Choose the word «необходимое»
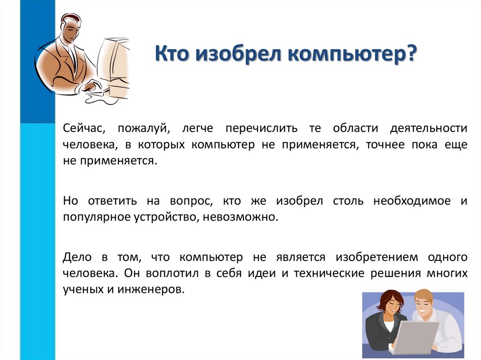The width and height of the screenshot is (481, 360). coord(411,201)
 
